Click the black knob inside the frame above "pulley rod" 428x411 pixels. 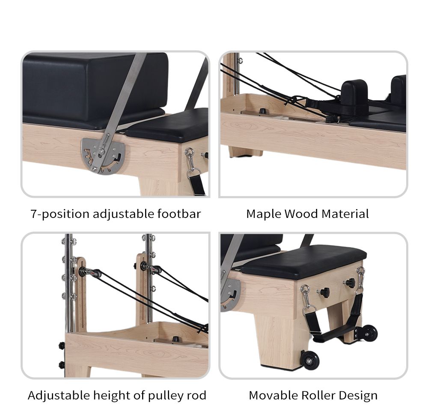(x=175, y=339)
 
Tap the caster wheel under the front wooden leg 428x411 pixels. (x=309, y=360)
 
